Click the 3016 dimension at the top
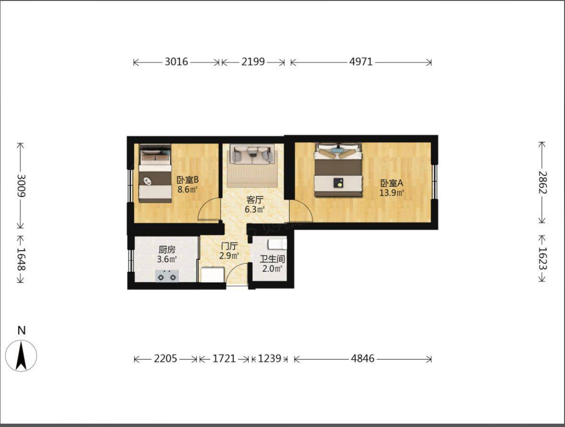pos(176,62)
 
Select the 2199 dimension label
pos(253,62)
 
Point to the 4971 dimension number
pos(361,62)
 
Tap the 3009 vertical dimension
pos(21,186)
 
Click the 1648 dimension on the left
pos(21,259)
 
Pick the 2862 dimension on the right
pos(542,182)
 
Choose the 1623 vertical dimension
pos(542,258)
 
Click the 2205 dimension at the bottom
pos(165,358)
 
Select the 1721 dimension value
pos(224,358)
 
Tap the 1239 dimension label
pos(269,358)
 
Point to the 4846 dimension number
pos(362,358)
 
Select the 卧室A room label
pos(392,183)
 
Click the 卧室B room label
pos(187,179)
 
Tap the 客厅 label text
pos(255,200)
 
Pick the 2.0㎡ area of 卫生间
pos(272,269)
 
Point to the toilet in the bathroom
pos(277,244)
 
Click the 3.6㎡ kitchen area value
pos(167,259)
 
